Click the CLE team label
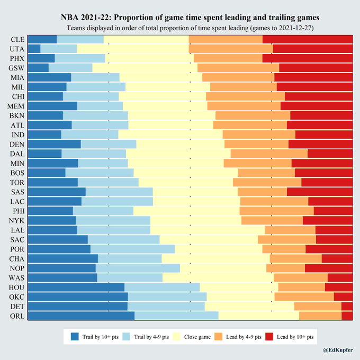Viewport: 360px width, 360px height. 16,40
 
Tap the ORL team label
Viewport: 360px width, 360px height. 16,316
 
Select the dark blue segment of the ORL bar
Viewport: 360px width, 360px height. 80,316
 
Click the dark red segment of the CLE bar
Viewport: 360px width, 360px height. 308,40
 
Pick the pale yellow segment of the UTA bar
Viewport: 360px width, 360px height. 133,49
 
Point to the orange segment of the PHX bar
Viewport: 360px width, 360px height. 228,59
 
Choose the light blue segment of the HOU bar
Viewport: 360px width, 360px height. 162,287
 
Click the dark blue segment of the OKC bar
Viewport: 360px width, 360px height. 77,297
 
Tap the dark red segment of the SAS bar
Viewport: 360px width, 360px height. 320,192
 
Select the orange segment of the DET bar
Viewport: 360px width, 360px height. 318,307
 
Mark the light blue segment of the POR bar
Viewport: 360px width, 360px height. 132,249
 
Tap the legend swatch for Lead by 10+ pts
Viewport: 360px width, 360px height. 268,337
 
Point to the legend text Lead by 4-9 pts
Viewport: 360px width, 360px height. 242,337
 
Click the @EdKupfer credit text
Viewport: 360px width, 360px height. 338,350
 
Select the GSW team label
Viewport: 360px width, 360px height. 16,68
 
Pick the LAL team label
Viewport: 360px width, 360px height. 16,230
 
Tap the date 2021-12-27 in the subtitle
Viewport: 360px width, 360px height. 295,28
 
